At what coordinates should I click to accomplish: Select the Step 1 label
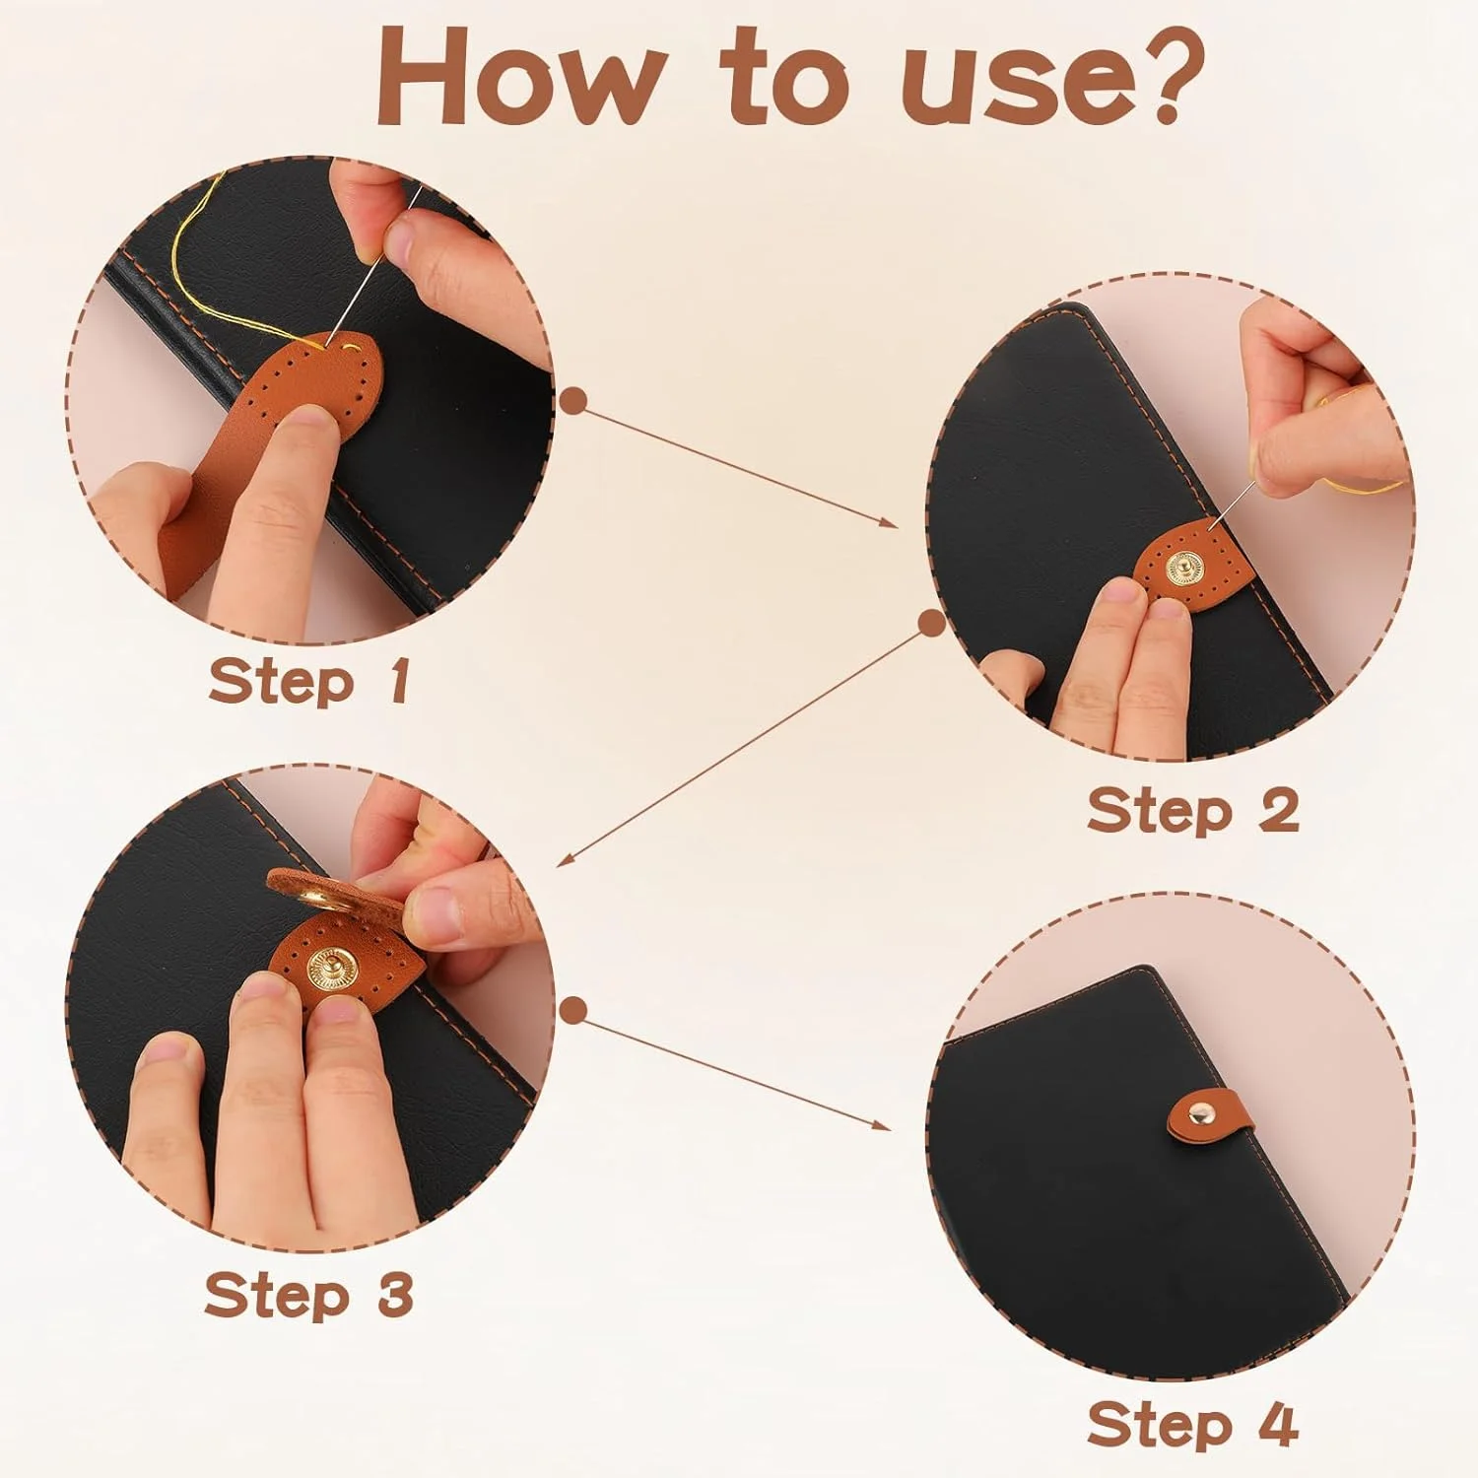309,681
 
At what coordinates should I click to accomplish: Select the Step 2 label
1193,811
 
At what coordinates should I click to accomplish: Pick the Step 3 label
308,1294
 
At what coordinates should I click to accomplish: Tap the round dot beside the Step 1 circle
572,400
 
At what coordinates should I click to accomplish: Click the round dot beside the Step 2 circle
931,623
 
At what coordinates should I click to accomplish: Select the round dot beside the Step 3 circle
572,1010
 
